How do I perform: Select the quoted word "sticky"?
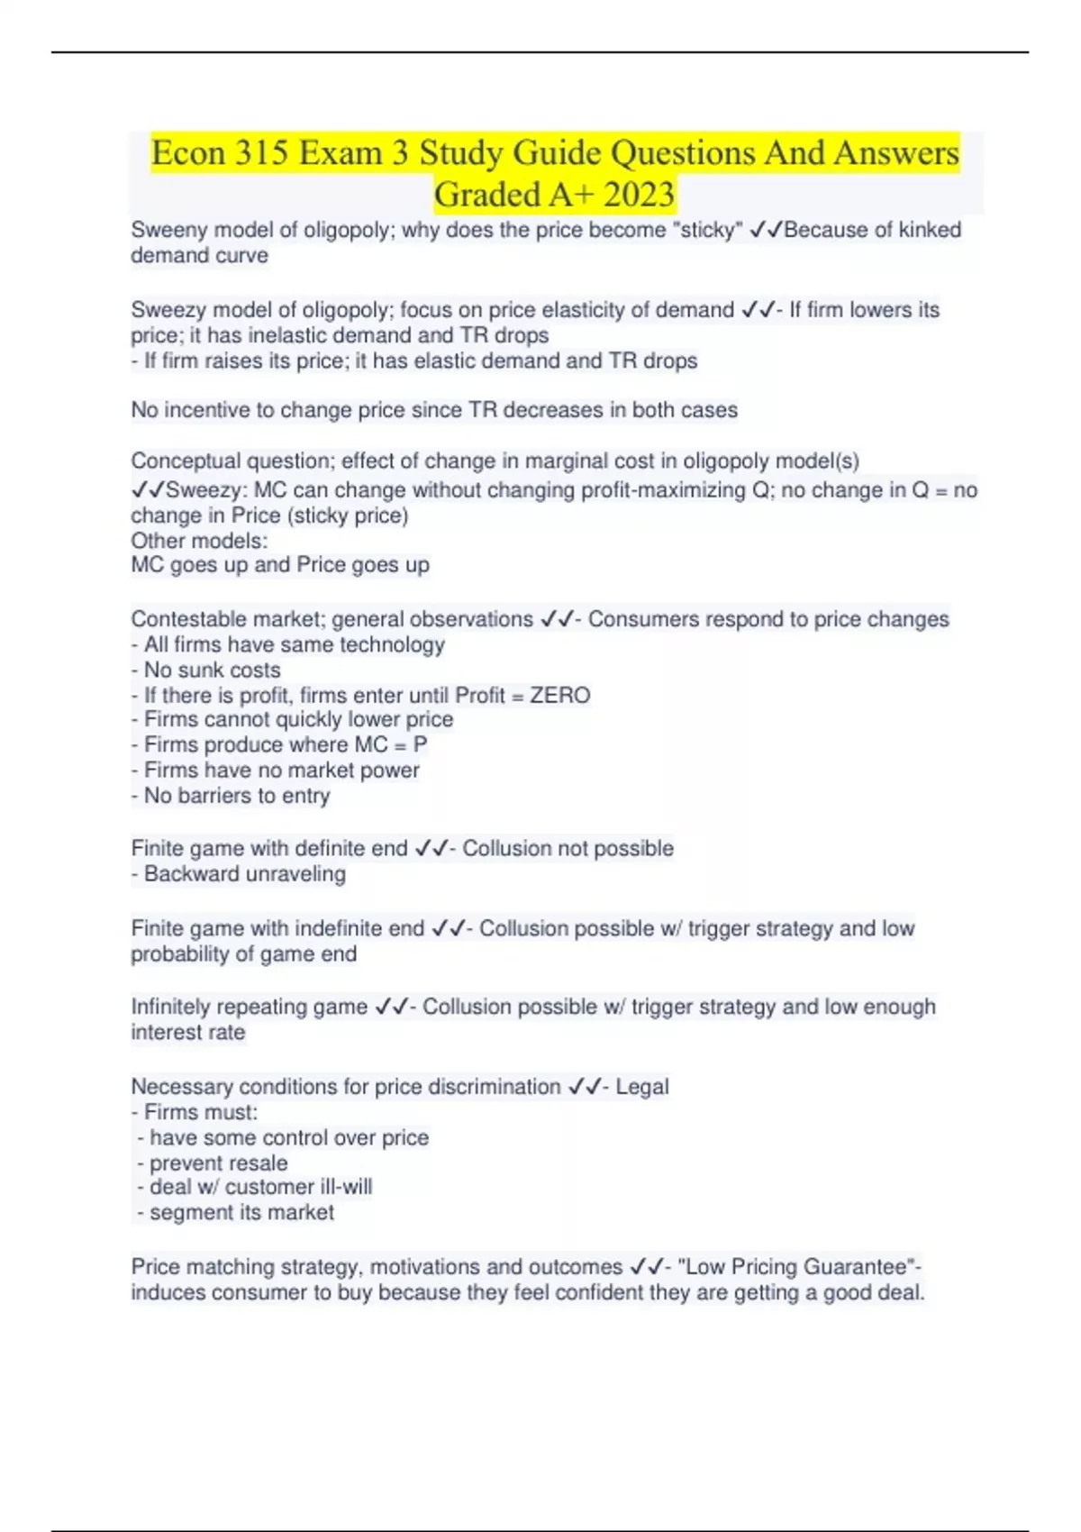(707, 230)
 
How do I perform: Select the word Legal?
(642, 1087)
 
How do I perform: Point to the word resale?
(256, 1163)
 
